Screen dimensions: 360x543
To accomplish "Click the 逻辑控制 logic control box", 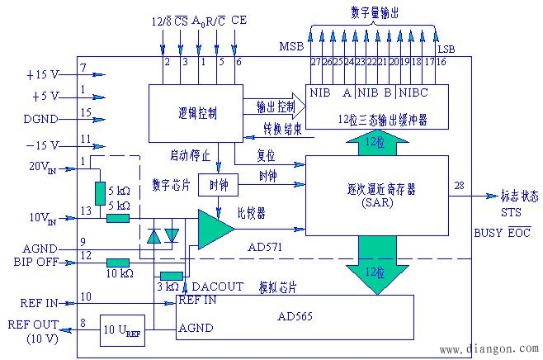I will click(x=196, y=113).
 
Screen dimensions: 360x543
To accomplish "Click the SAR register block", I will click(x=376, y=195).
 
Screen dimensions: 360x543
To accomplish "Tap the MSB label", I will click(x=291, y=45).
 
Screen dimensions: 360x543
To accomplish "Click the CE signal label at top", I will click(x=238, y=18).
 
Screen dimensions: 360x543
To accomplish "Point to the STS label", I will click(x=511, y=211).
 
